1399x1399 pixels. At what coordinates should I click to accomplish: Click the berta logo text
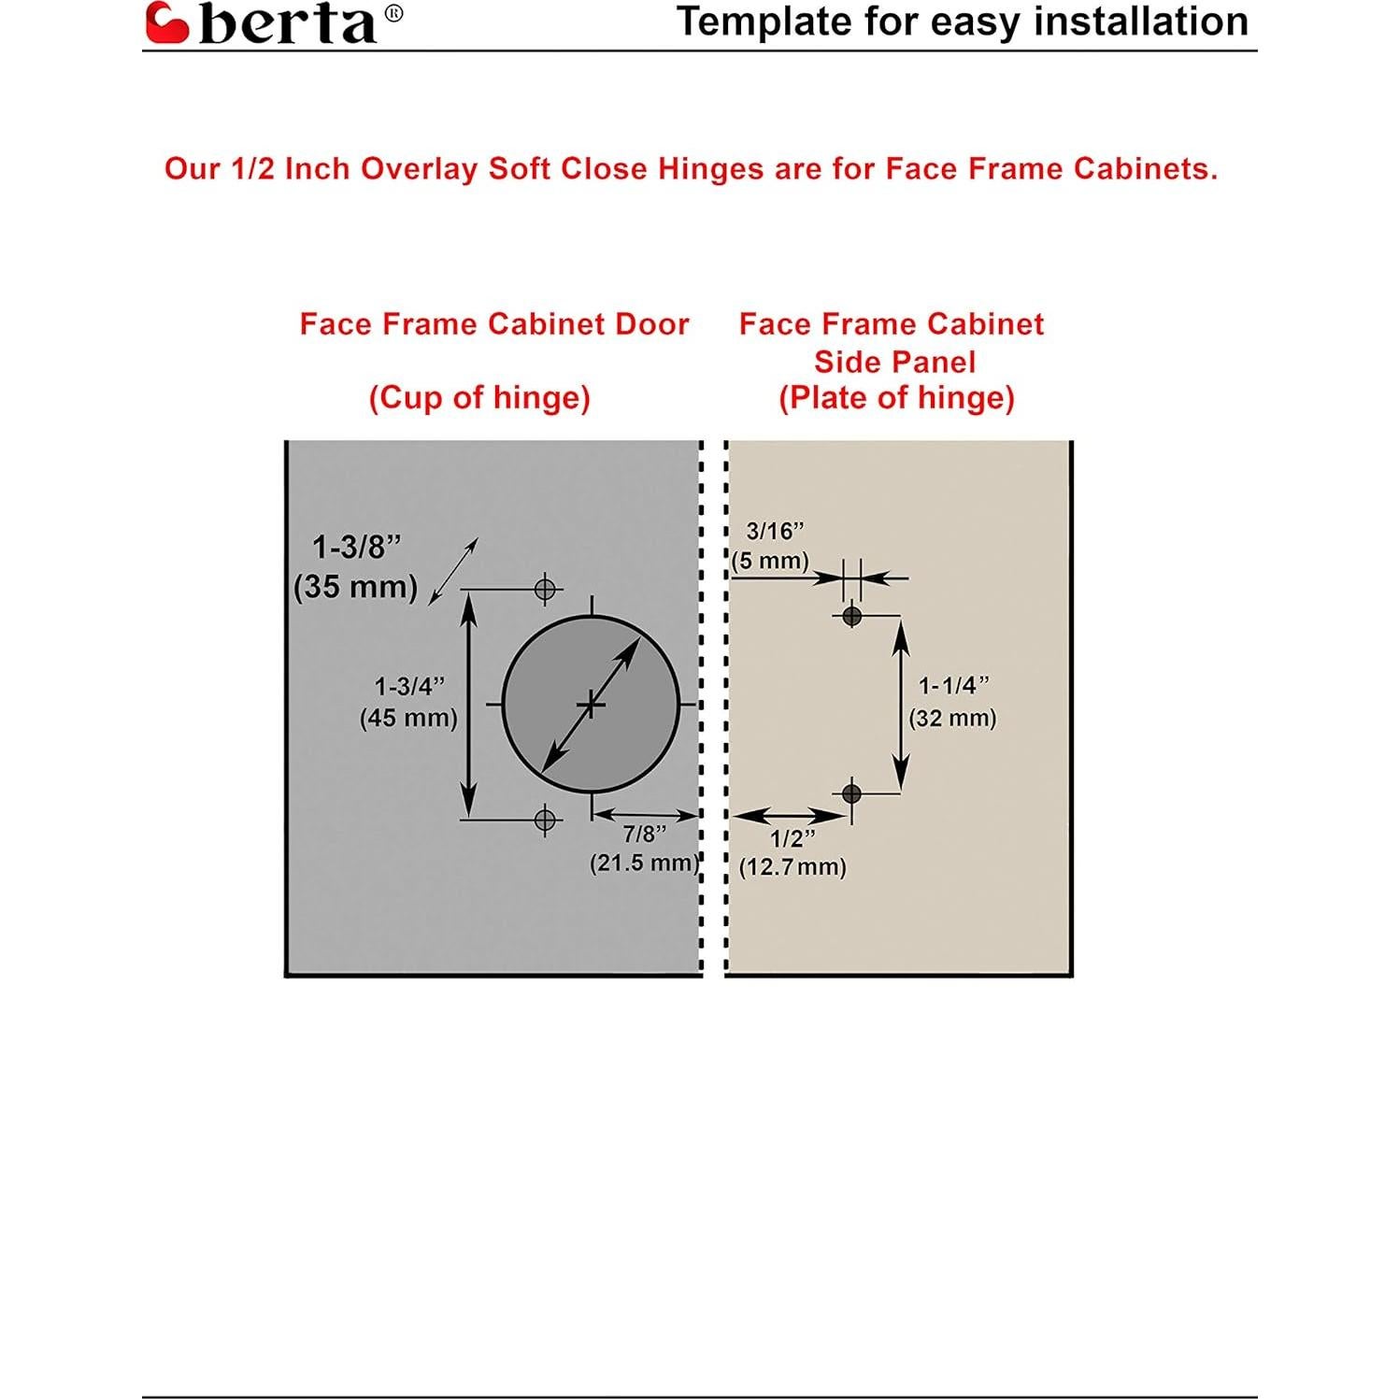tap(288, 24)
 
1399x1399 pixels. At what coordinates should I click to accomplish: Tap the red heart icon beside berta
tap(167, 23)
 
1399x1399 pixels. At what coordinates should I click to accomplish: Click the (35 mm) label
tap(355, 587)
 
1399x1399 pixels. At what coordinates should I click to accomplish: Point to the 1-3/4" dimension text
tap(409, 686)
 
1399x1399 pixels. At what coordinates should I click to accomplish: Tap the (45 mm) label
tap(408, 718)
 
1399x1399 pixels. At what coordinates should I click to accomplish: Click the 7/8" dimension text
tap(645, 834)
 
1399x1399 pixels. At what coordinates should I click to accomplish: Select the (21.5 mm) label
tap(644, 863)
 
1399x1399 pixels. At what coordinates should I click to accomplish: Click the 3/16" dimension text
tap(775, 531)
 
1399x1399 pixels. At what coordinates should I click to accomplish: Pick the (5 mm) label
tap(770, 561)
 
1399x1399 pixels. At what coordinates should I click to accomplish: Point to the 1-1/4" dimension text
tap(953, 686)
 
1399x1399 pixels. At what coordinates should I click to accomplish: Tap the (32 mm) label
tap(952, 718)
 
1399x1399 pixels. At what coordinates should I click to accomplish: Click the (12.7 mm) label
tap(792, 867)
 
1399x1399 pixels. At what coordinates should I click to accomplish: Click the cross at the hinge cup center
tap(591, 704)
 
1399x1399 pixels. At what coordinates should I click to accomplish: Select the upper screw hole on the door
tap(545, 589)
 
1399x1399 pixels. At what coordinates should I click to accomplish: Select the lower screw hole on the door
tap(545, 820)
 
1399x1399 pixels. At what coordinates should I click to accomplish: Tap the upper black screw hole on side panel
tap(851, 616)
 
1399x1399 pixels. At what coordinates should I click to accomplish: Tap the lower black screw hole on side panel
tap(851, 793)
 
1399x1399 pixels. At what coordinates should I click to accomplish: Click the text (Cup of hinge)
tap(479, 398)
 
